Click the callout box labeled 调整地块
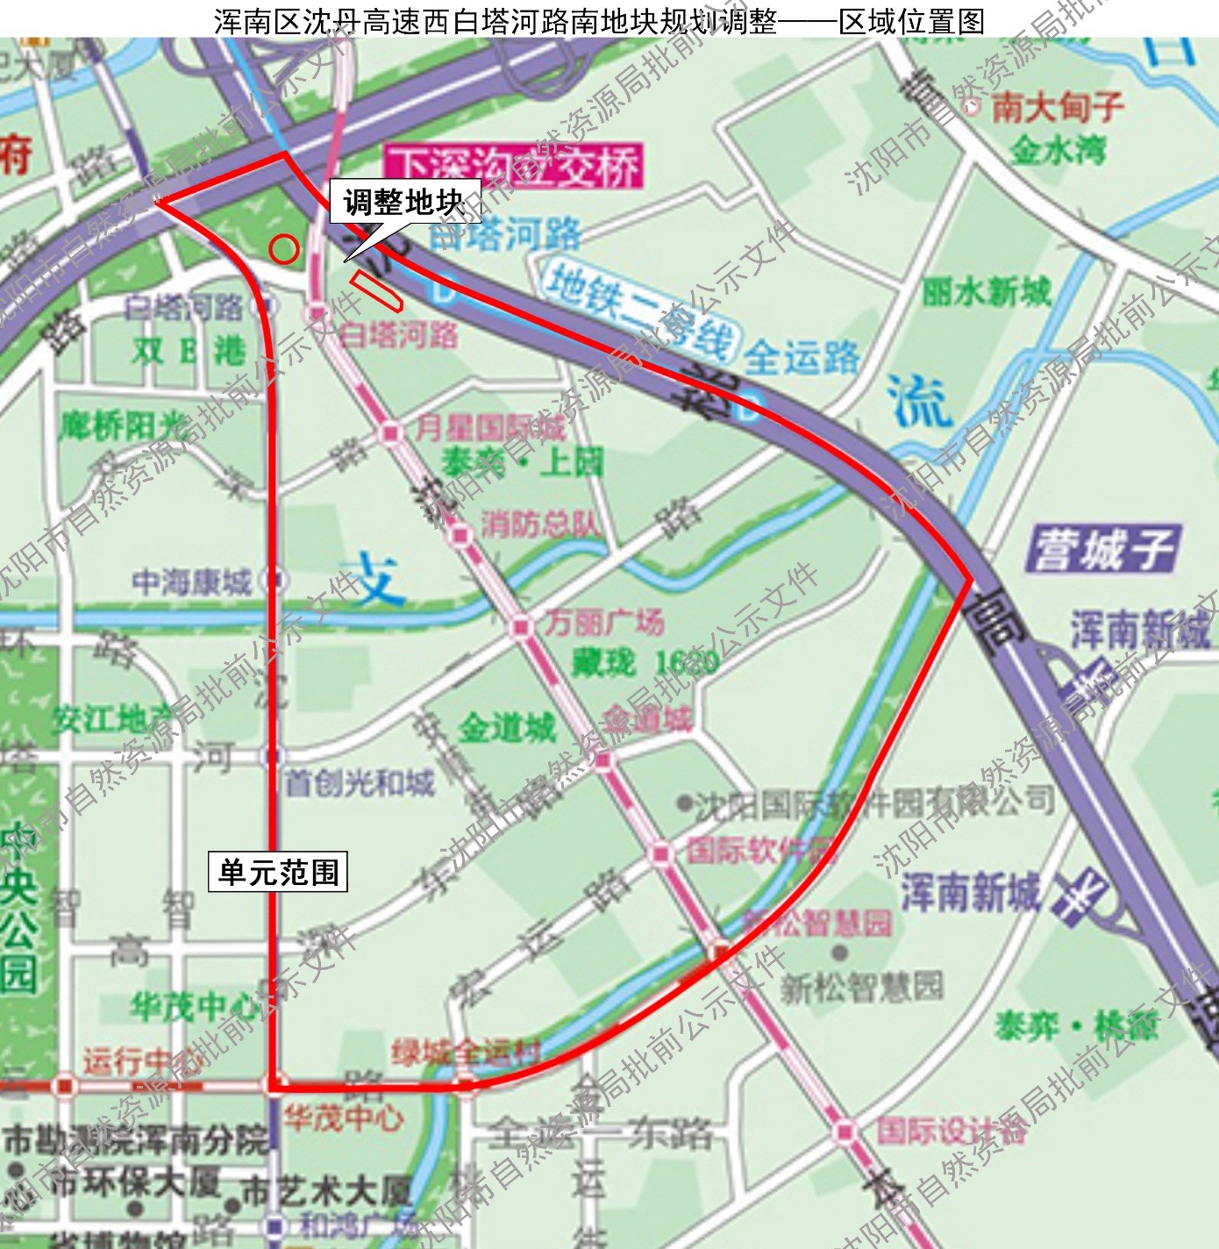pos(404,202)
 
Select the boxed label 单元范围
pos(278,872)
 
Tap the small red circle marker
pos(283,249)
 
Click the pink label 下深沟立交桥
pos(513,166)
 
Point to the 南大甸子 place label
pos(1058,107)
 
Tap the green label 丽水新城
pos(986,291)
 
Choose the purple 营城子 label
pos(1103,550)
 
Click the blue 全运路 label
pos(802,357)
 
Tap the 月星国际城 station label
pos(490,428)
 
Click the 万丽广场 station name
pos(604,622)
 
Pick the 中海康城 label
pos(191,581)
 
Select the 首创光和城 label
pos(359,782)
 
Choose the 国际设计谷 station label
pos(951,1131)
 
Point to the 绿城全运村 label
pos(466,1052)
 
